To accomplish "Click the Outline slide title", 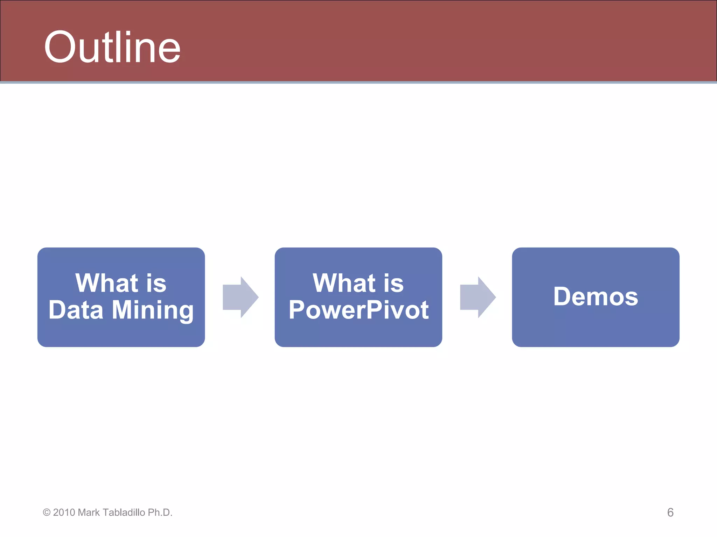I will click(x=112, y=47).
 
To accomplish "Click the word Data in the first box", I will click(x=76, y=310).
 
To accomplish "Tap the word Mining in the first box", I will click(x=153, y=310).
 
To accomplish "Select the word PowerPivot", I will click(x=358, y=310).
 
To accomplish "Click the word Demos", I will click(x=596, y=296).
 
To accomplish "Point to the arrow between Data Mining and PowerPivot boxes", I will click(x=240, y=297).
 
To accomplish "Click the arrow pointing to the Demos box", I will click(x=478, y=297).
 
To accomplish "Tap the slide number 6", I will click(x=670, y=512).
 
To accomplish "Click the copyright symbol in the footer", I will click(x=47, y=513).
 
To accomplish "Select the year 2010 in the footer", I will click(x=64, y=513).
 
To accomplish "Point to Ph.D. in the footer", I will click(x=160, y=513).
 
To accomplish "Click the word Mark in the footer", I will click(x=89, y=513).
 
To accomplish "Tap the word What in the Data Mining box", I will click(x=107, y=283).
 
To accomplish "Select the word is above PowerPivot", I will click(x=394, y=283).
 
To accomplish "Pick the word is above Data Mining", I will click(x=156, y=283).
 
